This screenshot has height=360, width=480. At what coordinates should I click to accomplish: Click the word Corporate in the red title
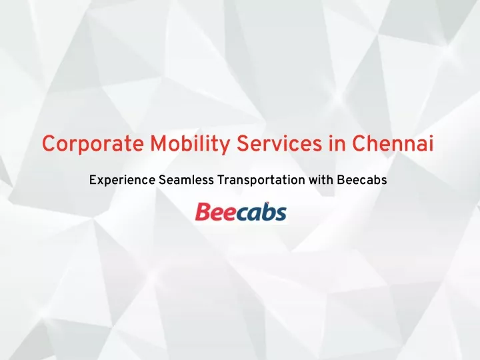(93, 143)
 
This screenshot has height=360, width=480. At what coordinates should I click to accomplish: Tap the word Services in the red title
(279, 143)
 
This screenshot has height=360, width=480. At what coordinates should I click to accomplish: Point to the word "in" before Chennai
(337, 143)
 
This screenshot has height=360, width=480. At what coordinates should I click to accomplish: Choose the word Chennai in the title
(393, 143)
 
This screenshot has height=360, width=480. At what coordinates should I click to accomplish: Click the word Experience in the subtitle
(122, 180)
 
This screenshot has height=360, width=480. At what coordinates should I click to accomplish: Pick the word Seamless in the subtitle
(186, 180)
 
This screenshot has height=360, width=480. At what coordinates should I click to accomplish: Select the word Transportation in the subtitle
(261, 180)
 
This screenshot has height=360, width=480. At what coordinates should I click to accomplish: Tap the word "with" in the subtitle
(321, 180)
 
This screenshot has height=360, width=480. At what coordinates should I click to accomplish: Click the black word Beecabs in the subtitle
(362, 180)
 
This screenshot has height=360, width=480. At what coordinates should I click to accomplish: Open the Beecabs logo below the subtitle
(241, 211)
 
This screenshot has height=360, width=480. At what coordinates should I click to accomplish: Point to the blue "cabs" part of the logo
(261, 211)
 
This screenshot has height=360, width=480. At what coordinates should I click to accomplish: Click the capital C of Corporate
(49, 143)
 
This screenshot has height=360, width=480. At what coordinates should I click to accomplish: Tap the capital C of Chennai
(359, 143)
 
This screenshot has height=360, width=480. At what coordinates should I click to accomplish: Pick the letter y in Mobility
(224, 147)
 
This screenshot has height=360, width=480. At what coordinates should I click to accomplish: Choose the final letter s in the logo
(281, 214)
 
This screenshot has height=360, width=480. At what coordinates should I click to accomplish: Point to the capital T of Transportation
(221, 180)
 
